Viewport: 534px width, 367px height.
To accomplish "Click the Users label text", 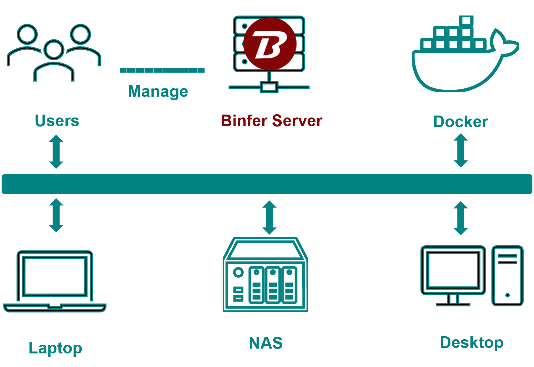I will point(57,121).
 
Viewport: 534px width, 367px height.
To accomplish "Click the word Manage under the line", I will point(158,91).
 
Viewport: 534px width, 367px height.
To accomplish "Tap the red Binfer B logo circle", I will point(270,44).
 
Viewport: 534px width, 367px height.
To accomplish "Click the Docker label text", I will point(460,122).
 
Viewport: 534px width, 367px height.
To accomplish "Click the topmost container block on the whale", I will point(466,21).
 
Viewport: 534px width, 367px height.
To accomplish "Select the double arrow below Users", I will point(56,152).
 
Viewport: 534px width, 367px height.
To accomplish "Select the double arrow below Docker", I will point(461,150).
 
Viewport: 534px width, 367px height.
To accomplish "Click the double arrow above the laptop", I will point(56,215).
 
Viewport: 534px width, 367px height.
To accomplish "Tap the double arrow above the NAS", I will point(269,218).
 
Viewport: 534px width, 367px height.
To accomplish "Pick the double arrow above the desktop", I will point(461,218).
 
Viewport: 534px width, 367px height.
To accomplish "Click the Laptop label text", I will point(55,348).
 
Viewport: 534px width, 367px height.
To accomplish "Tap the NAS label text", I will point(266,343).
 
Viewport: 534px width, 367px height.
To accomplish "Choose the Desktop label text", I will point(472,342).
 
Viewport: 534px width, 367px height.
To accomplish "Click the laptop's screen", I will point(55,276).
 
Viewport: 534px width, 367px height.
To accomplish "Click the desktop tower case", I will point(507,276).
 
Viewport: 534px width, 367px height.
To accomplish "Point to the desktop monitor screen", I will point(453,270).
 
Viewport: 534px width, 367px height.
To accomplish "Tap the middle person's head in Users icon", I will point(54,49).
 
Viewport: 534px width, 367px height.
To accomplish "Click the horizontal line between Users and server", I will point(162,70).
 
